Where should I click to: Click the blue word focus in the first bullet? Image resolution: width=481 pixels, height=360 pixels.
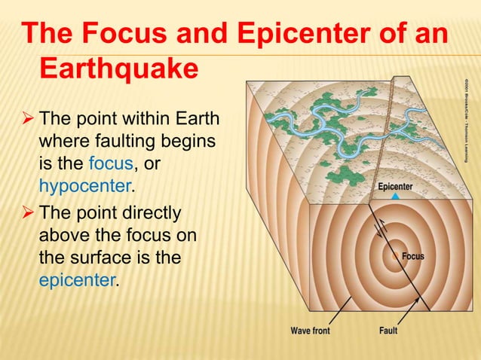coord(108,163)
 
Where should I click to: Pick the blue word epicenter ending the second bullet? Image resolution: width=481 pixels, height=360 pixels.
coord(78,281)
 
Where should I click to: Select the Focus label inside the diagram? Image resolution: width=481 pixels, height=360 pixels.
coord(412,257)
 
